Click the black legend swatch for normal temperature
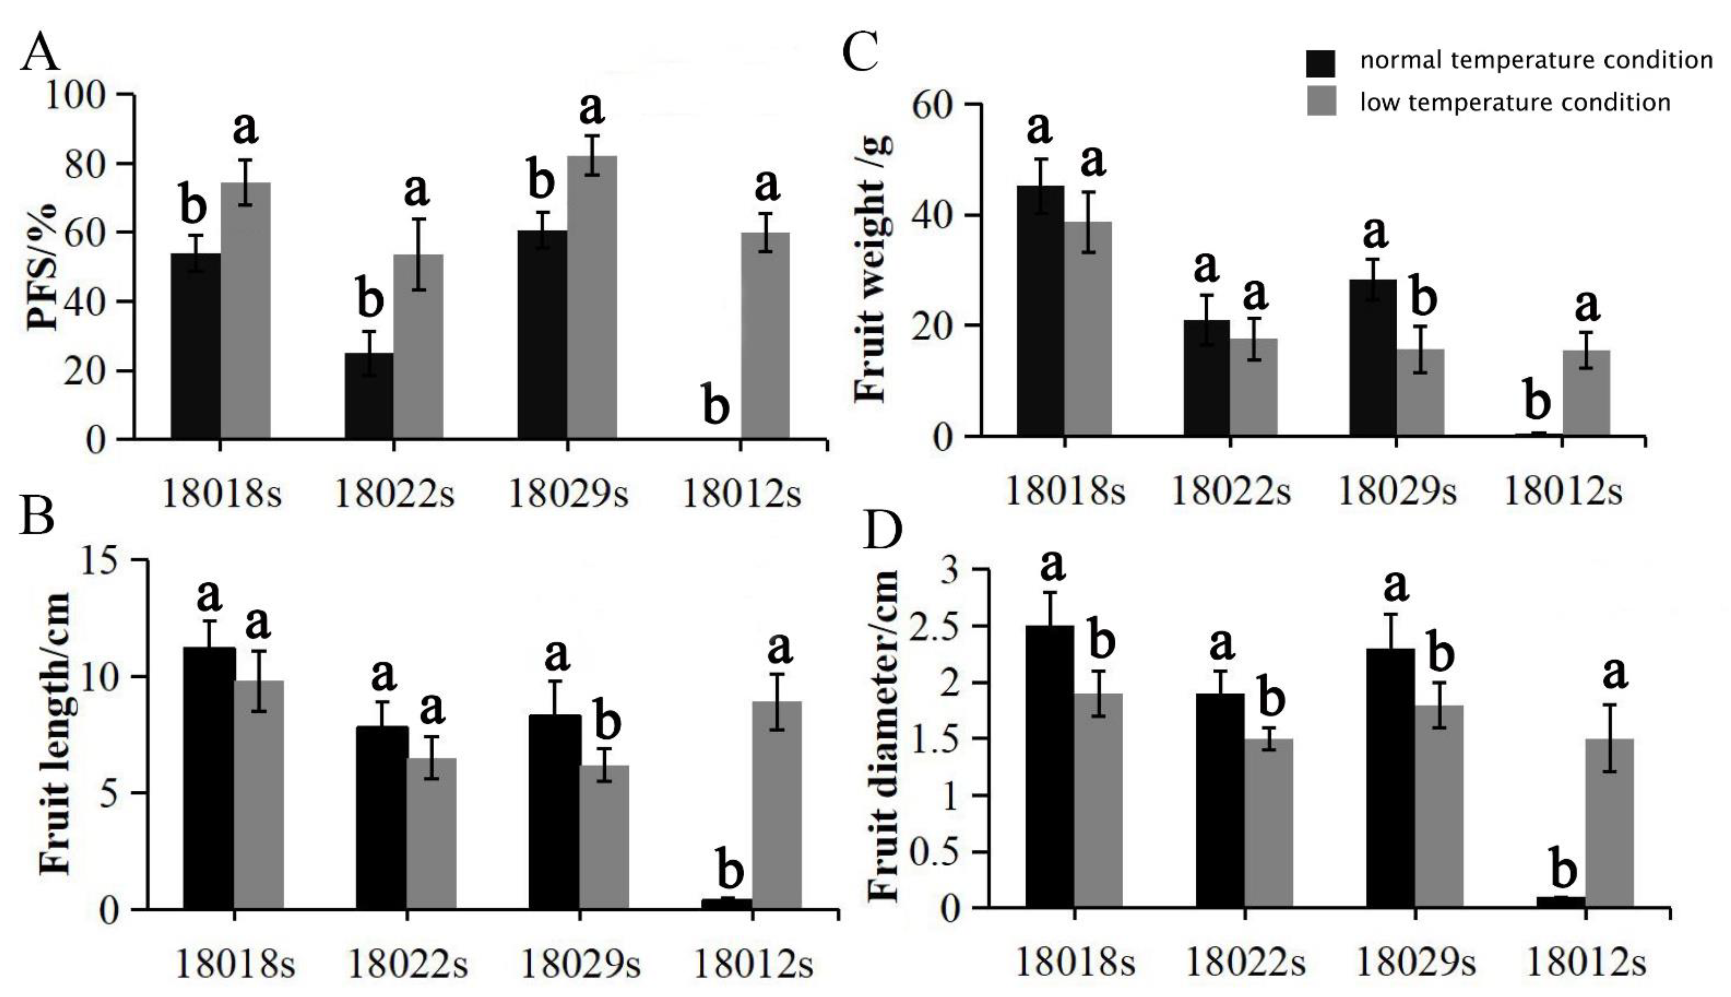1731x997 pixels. [x=1321, y=63]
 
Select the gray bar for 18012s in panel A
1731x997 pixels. [x=765, y=336]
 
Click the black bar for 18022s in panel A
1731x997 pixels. [x=369, y=396]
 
